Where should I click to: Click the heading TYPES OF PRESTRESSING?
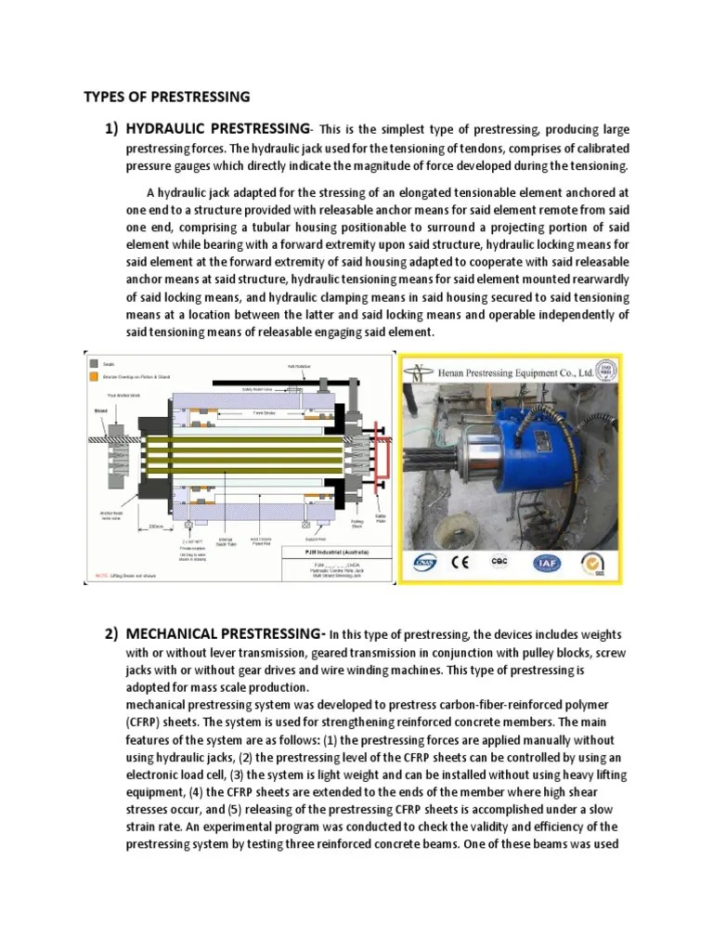click(x=167, y=96)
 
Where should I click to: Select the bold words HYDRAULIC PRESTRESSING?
click(x=216, y=127)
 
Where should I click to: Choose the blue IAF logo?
click(x=545, y=563)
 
